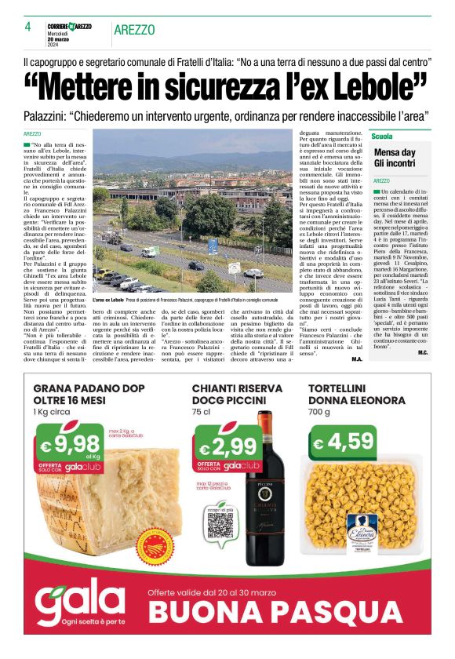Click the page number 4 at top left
tap(27, 28)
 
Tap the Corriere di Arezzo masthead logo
tap(70, 27)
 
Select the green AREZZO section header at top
tap(134, 30)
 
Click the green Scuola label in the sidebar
tap(382, 136)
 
